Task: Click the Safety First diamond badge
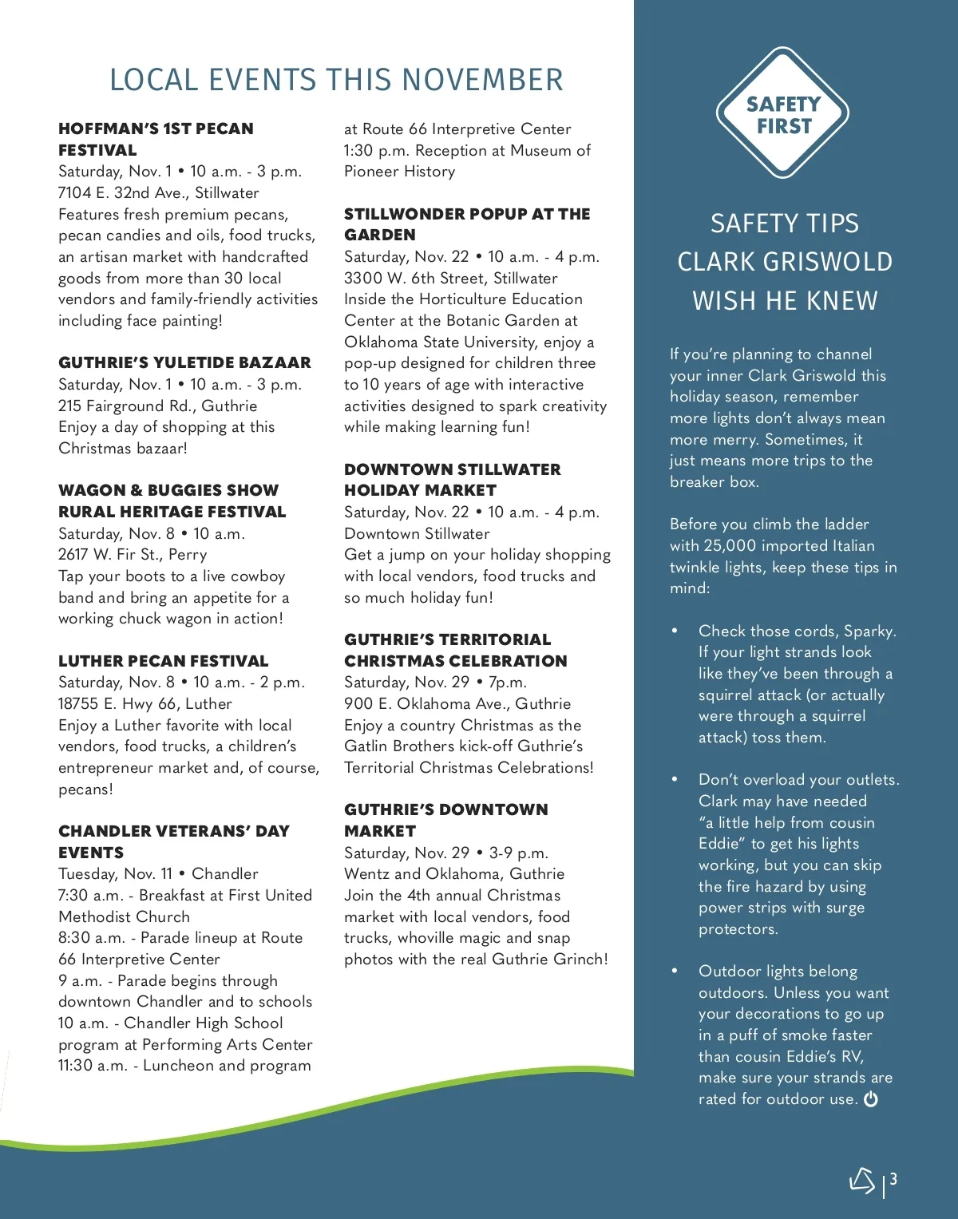782,113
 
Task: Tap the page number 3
894,1178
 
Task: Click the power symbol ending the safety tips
871,1099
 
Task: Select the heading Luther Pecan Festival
163,661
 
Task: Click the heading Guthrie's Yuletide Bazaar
184,362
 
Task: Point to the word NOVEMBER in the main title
482,80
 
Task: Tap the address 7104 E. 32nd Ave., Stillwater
158,192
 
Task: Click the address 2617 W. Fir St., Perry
133,554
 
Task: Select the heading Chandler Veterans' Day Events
173,841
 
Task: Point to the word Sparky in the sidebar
869,631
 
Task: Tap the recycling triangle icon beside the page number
862,1180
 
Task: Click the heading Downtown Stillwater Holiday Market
452,480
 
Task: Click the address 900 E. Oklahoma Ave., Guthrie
457,703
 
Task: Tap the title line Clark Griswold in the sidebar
785,262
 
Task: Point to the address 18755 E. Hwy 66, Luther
145,703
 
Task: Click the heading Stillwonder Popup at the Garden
467,224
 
